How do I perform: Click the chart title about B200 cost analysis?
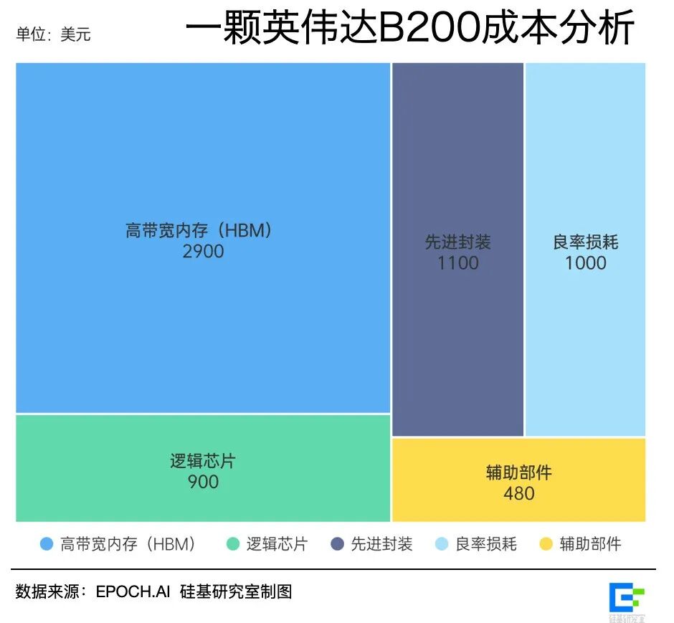(409, 30)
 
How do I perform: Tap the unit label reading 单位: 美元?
(53, 34)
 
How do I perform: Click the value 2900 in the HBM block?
(203, 252)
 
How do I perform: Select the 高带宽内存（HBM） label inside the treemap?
(203, 231)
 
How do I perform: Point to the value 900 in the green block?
(203, 482)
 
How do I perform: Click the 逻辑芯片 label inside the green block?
(203, 461)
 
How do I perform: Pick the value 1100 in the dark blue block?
(457, 263)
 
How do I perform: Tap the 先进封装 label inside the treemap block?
(457, 242)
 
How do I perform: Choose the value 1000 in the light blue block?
(585, 263)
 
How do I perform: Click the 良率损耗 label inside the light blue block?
(585, 242)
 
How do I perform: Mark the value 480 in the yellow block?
(518, 493)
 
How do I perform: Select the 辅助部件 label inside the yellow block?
(518, 472)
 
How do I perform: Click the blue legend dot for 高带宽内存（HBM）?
(47, 544)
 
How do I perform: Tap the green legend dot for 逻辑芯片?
(232, 544)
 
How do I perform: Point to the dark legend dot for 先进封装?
(337, 544)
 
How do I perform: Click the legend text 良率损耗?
(485, 544)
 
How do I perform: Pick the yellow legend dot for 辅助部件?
(546, 544)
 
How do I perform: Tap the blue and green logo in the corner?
(627, 598)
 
